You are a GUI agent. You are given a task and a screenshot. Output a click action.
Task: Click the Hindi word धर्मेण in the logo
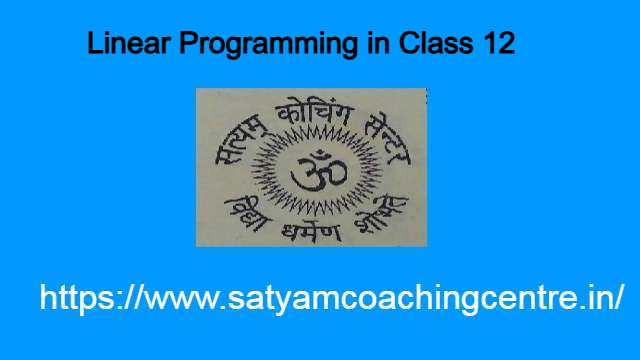311,228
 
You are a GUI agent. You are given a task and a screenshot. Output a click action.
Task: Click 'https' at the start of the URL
74,298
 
